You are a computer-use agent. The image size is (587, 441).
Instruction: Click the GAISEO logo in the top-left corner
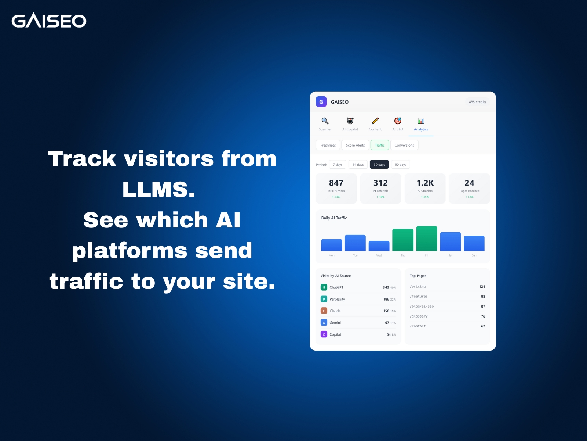click(x=49, y=21)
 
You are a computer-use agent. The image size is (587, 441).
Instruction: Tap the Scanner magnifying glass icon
click(x=325, y=121)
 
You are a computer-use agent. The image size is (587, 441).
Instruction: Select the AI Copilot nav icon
click(x=350, y=121)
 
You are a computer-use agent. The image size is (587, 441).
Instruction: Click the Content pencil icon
click(x=375, y=121)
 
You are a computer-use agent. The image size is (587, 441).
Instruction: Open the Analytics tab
click(x=421, y=124)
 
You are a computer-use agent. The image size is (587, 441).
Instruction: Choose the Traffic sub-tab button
click(x=380, y=145)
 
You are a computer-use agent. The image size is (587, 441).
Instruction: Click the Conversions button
click(x=404, y=145)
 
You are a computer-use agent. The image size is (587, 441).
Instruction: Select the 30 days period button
click(x=379, y=165)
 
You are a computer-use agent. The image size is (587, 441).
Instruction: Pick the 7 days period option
click(x=338, y=165)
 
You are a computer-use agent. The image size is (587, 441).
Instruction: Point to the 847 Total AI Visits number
click(x=336, y=183)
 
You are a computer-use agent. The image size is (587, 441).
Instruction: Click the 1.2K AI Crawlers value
click(x=425, y=183)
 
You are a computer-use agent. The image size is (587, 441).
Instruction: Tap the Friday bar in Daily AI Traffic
click(x=427, y=239)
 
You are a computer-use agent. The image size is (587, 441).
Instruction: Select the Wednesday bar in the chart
click(x=379, y=246)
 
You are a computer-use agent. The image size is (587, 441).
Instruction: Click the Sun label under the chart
click(x=474, y=255)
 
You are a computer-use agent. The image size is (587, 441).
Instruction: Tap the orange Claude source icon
click(x=324, y=311)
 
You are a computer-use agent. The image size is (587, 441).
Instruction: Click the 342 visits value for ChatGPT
click(x=386, y=287)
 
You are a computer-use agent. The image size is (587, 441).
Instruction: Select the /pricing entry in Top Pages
click(x=418, y=287)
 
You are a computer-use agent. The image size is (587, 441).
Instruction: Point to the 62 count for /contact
click(x=483, y=326)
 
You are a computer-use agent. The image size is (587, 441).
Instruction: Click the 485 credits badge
click(x=477, y=102)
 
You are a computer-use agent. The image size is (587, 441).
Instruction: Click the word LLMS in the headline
click(x=158, y=190)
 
